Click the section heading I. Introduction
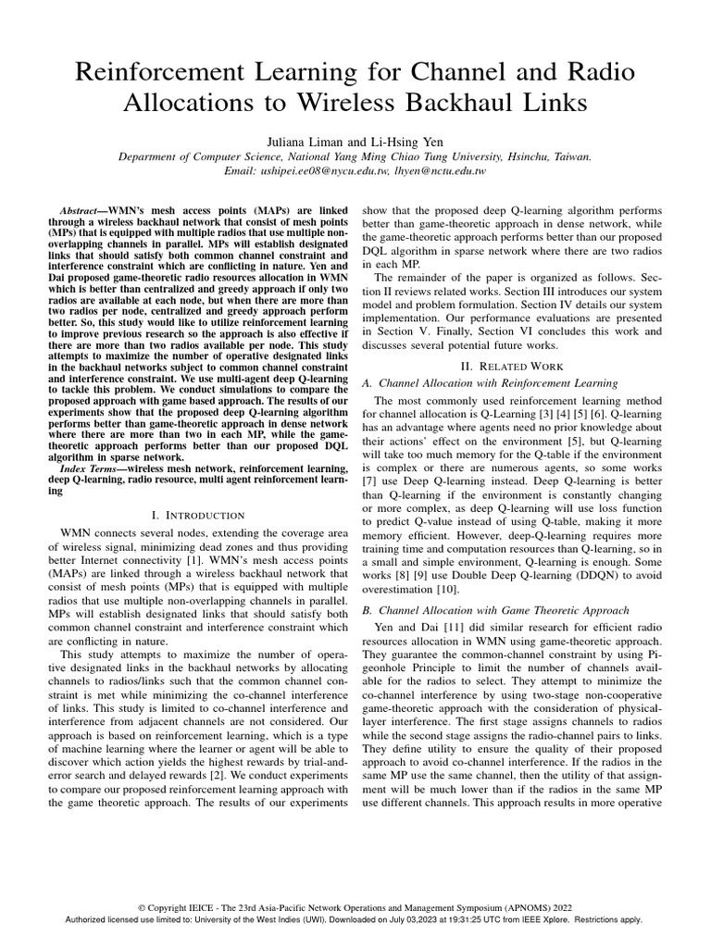[x=196, y=515]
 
